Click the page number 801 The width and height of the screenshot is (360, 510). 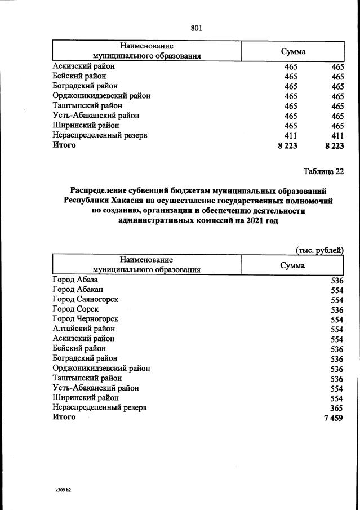pyautogui.click(x=196, y=28)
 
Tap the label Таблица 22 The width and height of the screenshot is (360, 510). pyautogui.click(x=323, y=171)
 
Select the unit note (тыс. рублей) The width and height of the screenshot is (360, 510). pyautogui.click(x=319, y=250)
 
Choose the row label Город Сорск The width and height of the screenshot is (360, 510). pyautogui.click(x=75, y=309)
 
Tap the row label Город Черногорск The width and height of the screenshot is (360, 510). pyautogui.click(x=85, y=319)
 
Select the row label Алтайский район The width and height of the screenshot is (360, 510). pyautogui.click(x=83, y=329)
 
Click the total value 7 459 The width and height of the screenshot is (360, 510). pyautogui.click(x=334, y=418)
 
